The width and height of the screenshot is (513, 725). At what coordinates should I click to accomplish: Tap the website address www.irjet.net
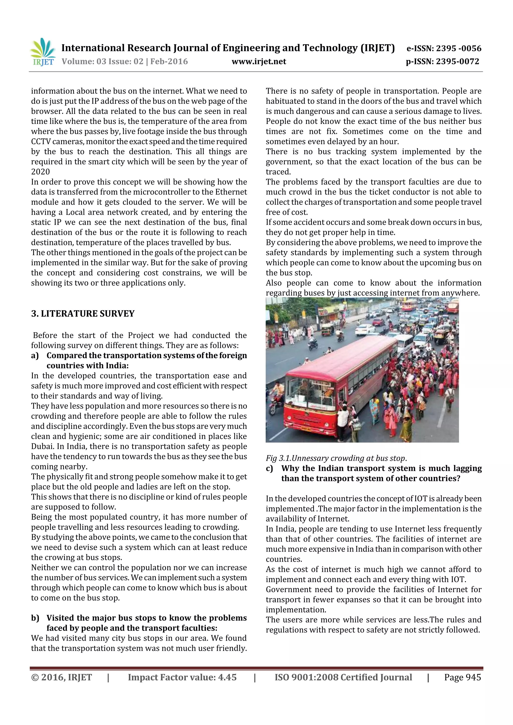coord(259,62)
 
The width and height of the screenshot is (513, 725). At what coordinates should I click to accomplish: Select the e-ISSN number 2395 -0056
coord(459,48)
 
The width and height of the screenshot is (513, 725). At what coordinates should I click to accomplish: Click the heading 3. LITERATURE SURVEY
coord(83,314)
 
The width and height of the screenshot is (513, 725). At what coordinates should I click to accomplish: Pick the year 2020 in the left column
coord(41,172)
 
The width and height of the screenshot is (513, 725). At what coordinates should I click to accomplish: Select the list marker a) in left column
coord(35,356)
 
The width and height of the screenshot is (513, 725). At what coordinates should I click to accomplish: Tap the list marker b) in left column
coord(35,618)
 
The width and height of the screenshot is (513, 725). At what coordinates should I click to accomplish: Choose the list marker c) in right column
coord(269,468)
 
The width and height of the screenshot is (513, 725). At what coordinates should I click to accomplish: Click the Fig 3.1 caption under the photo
coord(336,458)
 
